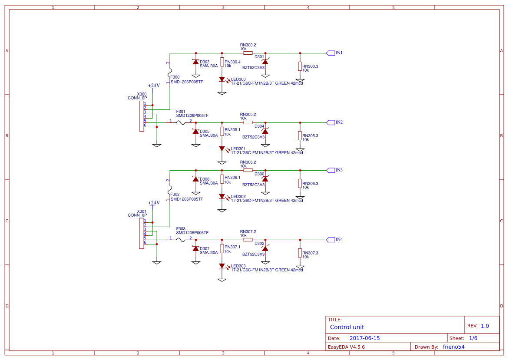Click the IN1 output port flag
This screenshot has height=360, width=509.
coord(331,53)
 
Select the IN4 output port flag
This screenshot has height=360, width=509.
coord(331,240)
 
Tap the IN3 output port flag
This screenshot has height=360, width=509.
coord(331,170)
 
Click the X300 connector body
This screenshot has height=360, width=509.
coord(141,116)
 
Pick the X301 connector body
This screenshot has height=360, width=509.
coord(141,233)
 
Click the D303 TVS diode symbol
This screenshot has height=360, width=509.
coord(195,62)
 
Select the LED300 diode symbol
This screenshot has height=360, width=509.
coord(222,79)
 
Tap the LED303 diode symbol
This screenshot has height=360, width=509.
coord(222,266)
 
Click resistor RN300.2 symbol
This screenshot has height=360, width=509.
coord(248,53)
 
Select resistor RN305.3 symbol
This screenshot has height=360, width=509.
coord(300,136)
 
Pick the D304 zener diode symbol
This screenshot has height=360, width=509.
coord(265,131)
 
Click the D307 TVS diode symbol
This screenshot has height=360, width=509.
coord(195,249)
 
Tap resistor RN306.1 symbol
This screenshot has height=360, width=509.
coord(222,179)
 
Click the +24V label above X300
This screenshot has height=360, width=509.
coord(154,86)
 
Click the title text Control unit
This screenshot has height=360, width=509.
coord(347,327)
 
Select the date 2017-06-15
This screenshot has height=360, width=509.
coord(364,338)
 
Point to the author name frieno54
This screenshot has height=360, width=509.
coord(453,347)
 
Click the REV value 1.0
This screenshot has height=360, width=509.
coord(485,326)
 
